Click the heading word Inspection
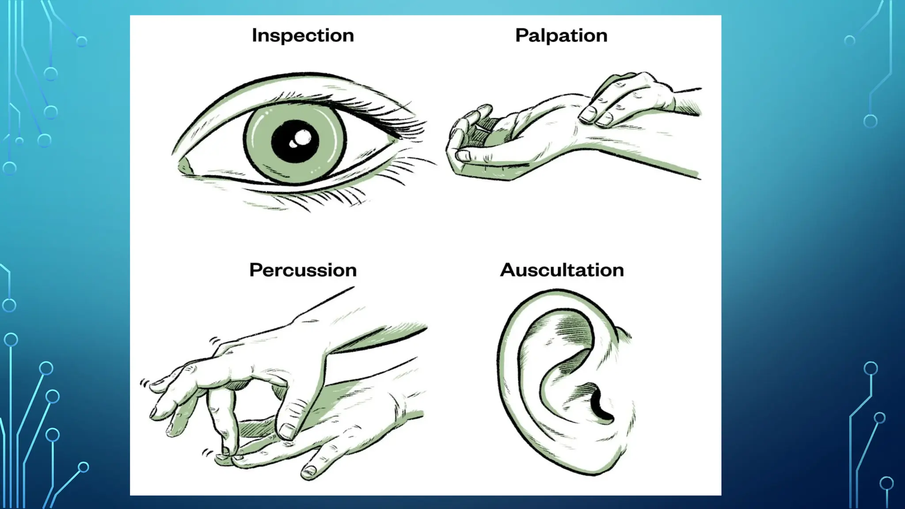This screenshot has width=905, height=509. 303,36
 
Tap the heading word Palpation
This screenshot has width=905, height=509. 561,36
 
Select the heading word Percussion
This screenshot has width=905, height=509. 303,270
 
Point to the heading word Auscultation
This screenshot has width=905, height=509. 562,270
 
